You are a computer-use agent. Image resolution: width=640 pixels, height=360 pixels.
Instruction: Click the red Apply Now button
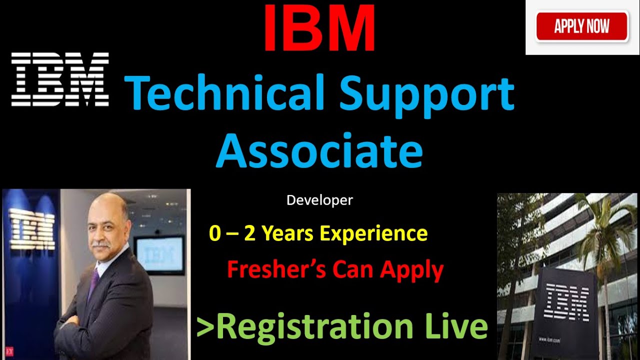[581, 26]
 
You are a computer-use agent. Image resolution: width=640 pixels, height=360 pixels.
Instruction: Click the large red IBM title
[319, 29]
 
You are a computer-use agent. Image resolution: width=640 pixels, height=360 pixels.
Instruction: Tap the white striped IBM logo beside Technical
[60, 79]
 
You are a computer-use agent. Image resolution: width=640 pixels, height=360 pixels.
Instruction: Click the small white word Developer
[319, 200]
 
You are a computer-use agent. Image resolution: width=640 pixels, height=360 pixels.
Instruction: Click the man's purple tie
[93, 282]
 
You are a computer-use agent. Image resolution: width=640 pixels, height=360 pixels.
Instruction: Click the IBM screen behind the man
[159, 255]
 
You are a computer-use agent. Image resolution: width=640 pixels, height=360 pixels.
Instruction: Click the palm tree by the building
[600, 230]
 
